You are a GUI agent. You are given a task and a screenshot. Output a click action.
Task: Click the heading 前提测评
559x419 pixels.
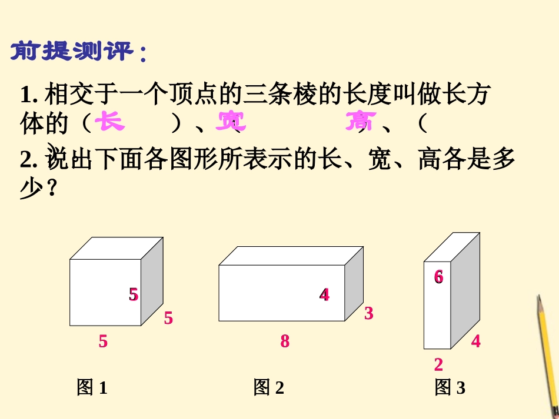(x=78, y=52)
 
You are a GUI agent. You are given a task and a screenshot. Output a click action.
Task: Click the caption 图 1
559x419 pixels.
(x=92, y=387)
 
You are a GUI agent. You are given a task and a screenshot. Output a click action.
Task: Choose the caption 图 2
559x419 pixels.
(x=269, y=387)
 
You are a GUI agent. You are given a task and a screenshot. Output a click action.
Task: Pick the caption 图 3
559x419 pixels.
(x=450, y=387)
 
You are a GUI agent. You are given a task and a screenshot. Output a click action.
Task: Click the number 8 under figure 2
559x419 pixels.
(x=285, y=341)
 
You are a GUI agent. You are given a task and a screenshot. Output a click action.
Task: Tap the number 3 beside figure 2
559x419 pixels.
(x=368, y=313)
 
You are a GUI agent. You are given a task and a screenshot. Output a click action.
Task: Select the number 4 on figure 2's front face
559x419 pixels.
(x=324, y=294)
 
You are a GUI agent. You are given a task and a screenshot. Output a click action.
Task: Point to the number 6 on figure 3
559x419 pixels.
(x=438, y=276)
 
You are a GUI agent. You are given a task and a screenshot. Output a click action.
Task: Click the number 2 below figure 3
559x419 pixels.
(x=438, y=364)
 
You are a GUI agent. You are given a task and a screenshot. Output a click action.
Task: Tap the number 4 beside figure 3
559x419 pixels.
(x=475, y=340)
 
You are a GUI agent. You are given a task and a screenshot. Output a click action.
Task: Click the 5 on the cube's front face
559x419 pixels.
(x=134, y=294)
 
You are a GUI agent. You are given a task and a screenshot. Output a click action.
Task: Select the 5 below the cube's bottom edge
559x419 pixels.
(x=103, y=341)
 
